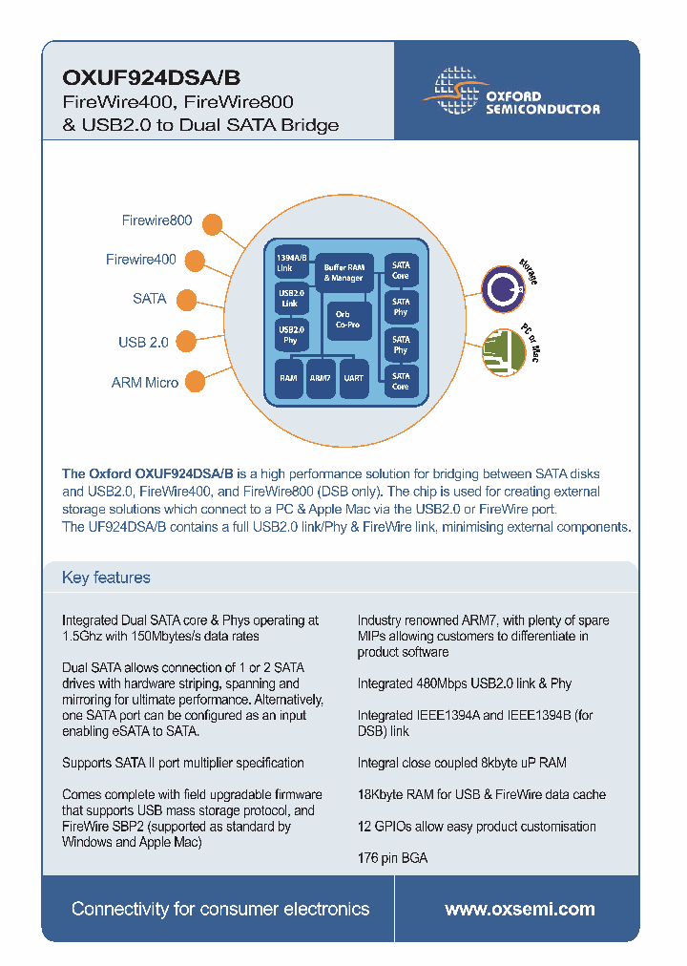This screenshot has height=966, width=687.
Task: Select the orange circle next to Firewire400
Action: click(194, 260)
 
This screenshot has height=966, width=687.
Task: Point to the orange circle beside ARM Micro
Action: click(194, 381)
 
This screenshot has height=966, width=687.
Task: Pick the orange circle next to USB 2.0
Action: click(186, 339)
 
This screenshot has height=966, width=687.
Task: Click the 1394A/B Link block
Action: click(291, 262)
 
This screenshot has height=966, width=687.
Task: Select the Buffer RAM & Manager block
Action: click(343, 273)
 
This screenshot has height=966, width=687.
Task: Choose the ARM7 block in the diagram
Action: click(321, 378)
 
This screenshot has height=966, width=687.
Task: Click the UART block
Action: click(353, 378)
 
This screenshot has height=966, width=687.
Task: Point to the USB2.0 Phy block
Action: click(290, 335)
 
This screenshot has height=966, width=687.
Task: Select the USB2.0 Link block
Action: click(290, 299)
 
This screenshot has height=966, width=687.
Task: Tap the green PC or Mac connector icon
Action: click(501, 347)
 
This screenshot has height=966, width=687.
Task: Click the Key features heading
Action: click(106, 577)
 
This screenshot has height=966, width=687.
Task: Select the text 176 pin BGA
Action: click(392, 858)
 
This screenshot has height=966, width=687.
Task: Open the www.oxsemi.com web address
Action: click(519, 910)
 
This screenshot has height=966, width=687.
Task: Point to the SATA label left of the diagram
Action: click(150, 299)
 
